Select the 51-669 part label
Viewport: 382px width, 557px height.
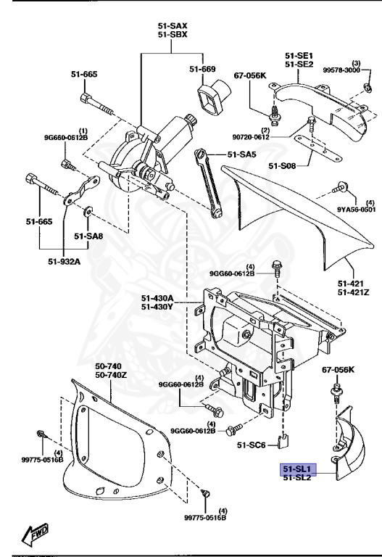tap(203, 70)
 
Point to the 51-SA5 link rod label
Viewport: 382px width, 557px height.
tap(242, 154)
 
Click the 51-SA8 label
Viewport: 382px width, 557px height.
tap(88, 236)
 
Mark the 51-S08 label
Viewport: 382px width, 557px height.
tap(283, 166)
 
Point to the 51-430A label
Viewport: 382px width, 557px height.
tap(157, 298)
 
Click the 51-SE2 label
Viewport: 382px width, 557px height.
tap(297, 65)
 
